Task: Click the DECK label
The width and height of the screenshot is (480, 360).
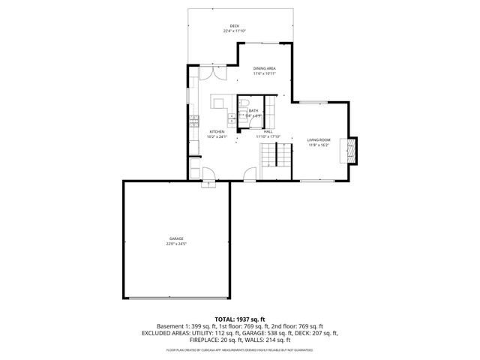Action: pos(235,26)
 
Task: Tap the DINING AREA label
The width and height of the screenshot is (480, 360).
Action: pos(264,68)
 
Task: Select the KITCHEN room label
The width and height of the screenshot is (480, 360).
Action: pos(217,132)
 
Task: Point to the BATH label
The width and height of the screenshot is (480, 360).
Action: pos(253,110)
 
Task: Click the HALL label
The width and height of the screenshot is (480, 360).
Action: pos(267,132)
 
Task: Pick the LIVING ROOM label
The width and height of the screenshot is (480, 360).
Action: pos(319,140)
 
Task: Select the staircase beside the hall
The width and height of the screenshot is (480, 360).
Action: pos(275,157)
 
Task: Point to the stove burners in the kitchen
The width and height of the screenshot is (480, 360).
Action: pos(193,120)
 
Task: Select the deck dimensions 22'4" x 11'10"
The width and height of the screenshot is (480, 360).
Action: pos(235,31)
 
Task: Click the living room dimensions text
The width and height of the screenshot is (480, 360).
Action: pos(319,145)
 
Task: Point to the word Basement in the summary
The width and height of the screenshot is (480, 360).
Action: pos(171,326)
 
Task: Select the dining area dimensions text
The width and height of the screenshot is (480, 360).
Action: pos(264,73)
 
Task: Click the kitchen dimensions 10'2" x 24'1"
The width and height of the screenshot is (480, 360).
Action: pos(217,137)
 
